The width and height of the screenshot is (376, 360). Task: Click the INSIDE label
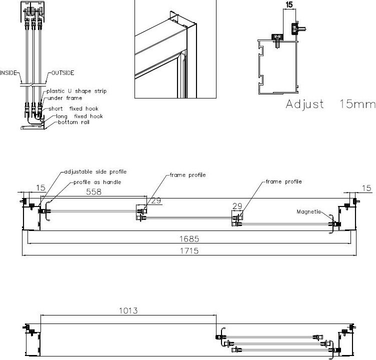point(8,72)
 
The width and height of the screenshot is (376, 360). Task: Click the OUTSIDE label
point(63,73)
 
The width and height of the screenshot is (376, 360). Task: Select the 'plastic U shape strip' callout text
point(76,91)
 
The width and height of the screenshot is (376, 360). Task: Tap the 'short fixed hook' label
point(73,108)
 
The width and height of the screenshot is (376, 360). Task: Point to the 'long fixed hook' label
point(79,116)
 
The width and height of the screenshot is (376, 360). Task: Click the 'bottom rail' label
point(73,122)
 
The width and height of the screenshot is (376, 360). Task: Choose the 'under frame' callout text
point(64,98)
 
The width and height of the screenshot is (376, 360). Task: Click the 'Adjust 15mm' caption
point(330,104)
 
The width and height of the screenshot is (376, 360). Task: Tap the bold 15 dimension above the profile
point(289,4)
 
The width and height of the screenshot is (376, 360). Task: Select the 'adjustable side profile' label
point(95,171)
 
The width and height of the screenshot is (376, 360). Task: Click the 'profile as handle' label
point(97,182)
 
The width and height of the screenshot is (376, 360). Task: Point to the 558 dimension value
point(93,192)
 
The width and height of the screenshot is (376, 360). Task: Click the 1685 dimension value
point(189,239)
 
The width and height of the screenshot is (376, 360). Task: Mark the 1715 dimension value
point(189,251)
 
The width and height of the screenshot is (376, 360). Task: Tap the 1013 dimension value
point(128,311)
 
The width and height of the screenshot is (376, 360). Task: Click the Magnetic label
point(308,211)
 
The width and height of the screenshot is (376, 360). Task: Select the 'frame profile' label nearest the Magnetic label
point(283,181)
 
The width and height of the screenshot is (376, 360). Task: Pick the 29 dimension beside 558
point(156,200)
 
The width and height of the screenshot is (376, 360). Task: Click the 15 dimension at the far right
point(366,188)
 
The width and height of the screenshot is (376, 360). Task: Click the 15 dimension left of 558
point(40,188)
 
